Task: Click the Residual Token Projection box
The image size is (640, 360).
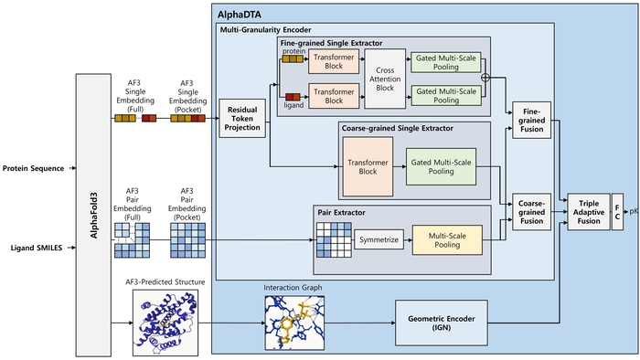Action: click(242, 118)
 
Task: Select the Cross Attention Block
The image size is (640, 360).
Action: click(385, 79)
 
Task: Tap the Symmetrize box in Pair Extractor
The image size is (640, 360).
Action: click(379, 239)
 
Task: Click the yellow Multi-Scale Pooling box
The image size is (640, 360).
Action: click(447, 240)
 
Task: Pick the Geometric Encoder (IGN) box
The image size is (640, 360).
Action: click(442, 323)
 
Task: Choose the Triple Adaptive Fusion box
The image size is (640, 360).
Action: click(589, 212)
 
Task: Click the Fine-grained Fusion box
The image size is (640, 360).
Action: click(531, 121)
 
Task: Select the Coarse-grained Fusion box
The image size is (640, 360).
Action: click(531, 212)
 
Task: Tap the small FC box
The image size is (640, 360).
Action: click(617, 212)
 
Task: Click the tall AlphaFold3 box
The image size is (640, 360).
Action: click(93, 216)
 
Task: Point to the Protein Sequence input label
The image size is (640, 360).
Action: click(34, 168)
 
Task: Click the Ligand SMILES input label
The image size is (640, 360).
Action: click(37, 248)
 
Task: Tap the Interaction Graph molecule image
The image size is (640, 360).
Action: click(294, 323)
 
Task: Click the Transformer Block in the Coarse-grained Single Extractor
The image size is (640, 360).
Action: click(368, 166)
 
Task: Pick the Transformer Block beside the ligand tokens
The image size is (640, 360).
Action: click(334, 96)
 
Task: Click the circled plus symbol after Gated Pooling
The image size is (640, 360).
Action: click(485, 78)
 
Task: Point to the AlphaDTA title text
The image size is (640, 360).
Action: click(240, 16)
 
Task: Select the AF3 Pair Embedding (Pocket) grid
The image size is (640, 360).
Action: click(187, 240)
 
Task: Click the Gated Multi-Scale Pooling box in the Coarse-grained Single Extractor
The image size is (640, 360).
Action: click(441, 166)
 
